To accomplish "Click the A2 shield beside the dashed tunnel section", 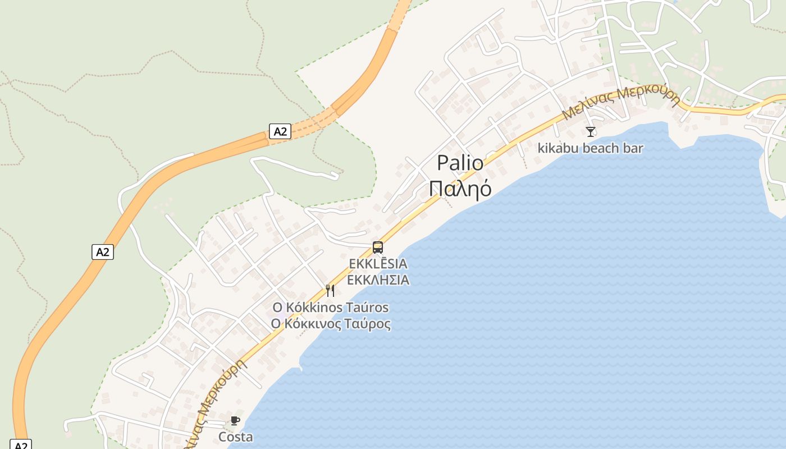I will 280,131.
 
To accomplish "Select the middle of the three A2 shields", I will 103,251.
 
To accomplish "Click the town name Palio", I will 460,163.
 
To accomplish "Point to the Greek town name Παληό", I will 460,189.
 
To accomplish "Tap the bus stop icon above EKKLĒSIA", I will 378,247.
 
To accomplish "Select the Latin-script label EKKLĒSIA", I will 378,263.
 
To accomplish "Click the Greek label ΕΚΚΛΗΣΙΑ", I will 378,280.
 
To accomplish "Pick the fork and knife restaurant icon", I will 330,291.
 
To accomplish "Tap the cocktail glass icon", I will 590,132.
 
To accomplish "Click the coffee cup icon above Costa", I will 235,420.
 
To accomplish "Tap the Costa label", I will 235,437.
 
